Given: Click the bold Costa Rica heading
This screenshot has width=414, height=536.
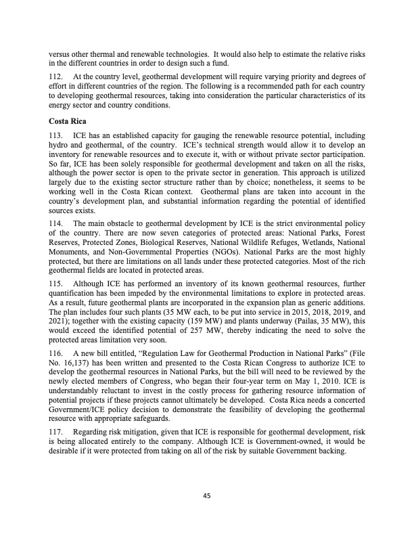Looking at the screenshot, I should [x=66, y=121].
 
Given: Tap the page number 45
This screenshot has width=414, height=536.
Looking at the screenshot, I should [x=207, y=496].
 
